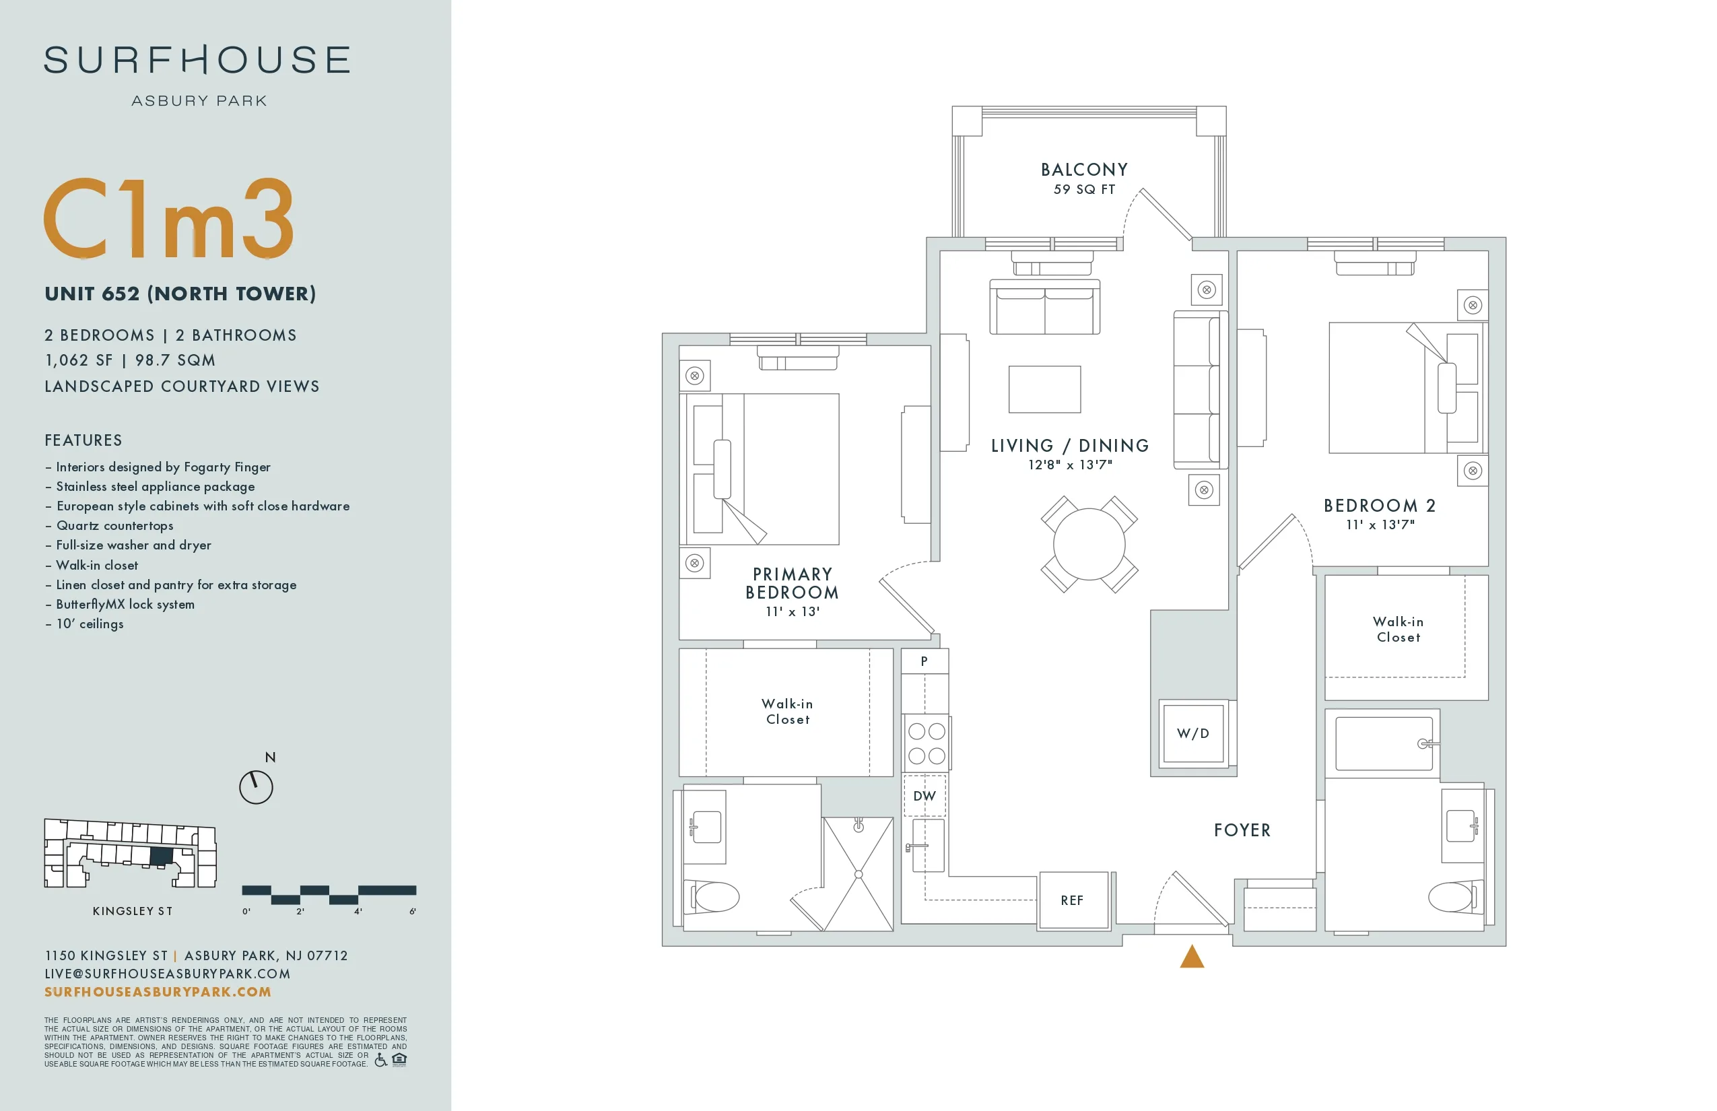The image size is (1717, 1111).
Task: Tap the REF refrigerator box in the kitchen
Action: [1073, 900]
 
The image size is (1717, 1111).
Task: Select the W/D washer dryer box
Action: [1192, 734]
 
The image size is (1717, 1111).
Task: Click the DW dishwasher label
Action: [924, 796]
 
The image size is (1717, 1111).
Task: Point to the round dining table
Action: [1089, 544]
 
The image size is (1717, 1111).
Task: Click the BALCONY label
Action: [1083, 170]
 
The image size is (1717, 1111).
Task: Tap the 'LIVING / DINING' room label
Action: [1070, 446]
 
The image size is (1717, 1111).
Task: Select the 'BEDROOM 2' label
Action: [1380, 506]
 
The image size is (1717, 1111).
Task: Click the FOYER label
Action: [1242, 830]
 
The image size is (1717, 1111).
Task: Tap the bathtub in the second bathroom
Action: [1383, 743]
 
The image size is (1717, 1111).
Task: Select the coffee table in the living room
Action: [1044, 390]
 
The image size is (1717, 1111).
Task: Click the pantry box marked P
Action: [924, 661]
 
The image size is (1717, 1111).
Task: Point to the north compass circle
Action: [256, 787]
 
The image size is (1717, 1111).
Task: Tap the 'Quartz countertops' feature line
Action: [114, 526]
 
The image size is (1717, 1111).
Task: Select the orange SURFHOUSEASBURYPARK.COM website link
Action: [158, 992]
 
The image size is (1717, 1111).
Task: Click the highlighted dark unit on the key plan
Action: [162, 856]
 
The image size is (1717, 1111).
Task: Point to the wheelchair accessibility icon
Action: [380, 1059]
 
